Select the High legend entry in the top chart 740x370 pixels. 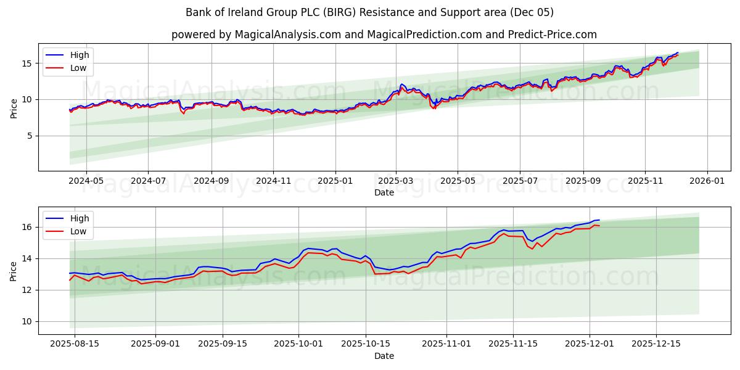[x=80, y=55]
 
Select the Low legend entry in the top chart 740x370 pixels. [x=78, y=68]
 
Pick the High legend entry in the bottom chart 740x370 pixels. [x=80, y=218]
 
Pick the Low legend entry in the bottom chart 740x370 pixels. [x=78, y=231]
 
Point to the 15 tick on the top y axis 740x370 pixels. [x=28, y=63]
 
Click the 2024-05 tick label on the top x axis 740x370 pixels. [x=86, y=181]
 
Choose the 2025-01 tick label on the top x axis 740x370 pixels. [x=335, y=181]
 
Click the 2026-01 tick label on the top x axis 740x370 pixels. [x=707, y=181]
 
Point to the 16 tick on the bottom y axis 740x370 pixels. [x=28, y=227]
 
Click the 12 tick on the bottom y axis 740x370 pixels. [x=28, y=290]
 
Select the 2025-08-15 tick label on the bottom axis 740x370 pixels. [x=75, y=344]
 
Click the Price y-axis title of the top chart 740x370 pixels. [x=14, y=108]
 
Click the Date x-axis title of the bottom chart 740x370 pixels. [x=384, y=356]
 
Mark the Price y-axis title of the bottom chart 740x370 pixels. [x=14, y=271]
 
